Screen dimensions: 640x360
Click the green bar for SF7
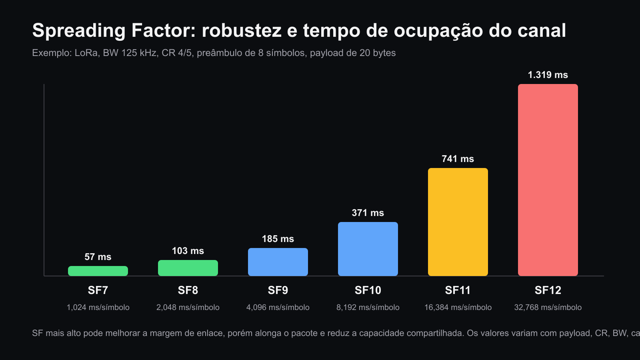(98, 271)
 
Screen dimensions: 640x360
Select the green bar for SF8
(188, 268)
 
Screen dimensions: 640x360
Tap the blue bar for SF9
(278, 262)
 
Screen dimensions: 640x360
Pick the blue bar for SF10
(368, 249)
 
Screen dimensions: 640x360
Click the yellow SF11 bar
(458, 222)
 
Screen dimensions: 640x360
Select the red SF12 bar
(548, 180)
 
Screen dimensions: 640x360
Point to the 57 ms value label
(98, 257)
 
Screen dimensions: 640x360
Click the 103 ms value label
(188, 251)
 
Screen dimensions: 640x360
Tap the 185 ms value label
(278, 239)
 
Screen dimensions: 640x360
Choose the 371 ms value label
(368, 213)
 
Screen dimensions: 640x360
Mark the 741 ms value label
(458, 159)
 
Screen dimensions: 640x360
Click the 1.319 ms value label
(548, 75)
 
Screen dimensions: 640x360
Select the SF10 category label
(368, 290)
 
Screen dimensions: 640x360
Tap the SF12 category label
(548, 290)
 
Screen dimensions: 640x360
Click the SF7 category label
(98, 290)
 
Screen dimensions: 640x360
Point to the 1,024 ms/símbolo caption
(98, 308)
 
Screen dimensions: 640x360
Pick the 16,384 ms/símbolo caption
(458, 308)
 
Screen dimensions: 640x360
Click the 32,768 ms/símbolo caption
(548, 308)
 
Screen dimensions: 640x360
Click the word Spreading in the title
(79, 31)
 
